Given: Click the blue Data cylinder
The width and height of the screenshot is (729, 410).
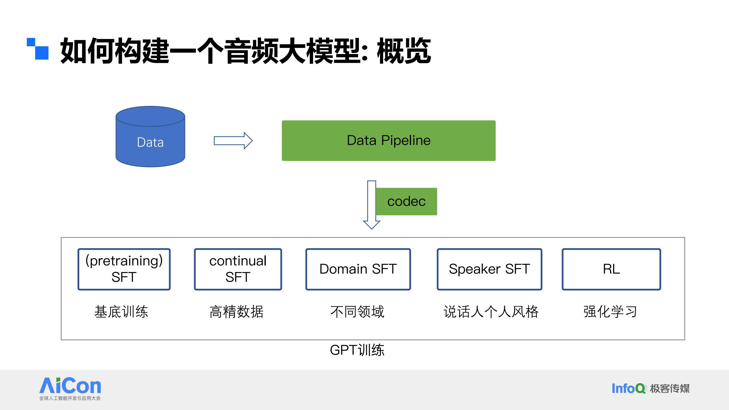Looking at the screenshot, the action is click(x=150, y=137).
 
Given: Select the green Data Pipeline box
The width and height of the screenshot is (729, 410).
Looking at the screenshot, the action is click(x=389, y=141).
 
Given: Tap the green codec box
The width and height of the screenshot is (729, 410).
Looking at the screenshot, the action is click(x=406, y=201).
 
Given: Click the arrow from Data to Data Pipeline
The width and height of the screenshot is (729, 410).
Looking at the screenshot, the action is click(x=233, y=141).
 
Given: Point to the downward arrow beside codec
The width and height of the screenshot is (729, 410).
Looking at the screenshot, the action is click(x=372, y=204).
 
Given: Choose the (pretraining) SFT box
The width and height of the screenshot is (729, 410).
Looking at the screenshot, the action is click(x=124, y=269).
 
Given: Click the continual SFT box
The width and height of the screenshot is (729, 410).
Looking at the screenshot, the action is click(x=238, y=269).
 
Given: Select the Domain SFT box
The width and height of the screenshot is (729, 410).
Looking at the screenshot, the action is click(x=358, y=269).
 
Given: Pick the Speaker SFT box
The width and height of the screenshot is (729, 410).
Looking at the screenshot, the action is click(x=489, y=269).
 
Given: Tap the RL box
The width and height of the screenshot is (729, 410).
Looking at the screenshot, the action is click(x=611, y=269).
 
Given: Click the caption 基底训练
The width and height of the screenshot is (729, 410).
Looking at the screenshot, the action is click(x=121, y=312).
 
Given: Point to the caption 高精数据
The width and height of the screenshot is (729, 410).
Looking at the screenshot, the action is click(x=237, y=312).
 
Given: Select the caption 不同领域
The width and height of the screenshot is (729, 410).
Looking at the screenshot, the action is click(x=357, y=312).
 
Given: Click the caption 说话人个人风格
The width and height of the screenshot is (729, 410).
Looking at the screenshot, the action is click(x=491, y=312).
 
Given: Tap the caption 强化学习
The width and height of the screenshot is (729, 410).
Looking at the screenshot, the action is click(x=610, y=312).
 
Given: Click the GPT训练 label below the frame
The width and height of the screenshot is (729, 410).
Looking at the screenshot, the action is click(x=357, y=350).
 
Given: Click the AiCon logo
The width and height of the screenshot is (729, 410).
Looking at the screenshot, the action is click(x=70, y=388).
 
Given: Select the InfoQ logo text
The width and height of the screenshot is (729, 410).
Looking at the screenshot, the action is click(x=629, y=388).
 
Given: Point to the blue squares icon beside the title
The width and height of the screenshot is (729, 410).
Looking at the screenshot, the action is click(x=38, y=49).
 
